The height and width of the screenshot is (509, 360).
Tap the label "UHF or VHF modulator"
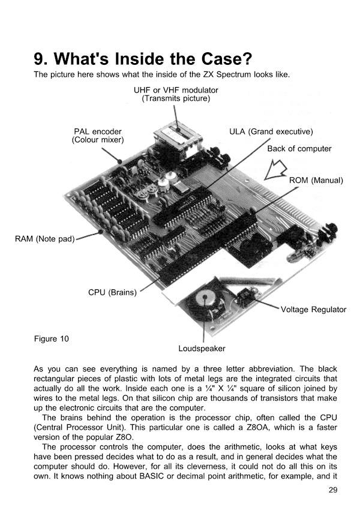tap(175, 90)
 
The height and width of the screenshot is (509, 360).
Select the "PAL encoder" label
tap(98, 131)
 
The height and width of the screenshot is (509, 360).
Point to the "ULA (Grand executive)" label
tap(271, 131)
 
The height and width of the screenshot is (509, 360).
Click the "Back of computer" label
tap(299, 148)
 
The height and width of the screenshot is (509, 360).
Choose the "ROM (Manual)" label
tap(315, 180)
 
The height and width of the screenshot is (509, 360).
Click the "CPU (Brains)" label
tap(113, 292)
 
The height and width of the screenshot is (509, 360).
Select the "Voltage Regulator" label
tap(314, 310)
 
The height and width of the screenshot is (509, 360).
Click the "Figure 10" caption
tap(51, 339)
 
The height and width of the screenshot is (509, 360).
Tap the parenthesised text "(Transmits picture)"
tap(175, 98)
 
